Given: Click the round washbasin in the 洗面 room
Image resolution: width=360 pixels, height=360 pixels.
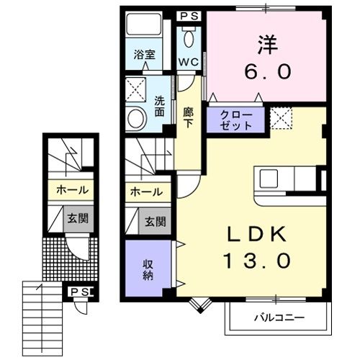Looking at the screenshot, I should click(135, 119).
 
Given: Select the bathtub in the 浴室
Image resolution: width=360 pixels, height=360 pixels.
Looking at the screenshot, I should click(143, 27).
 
